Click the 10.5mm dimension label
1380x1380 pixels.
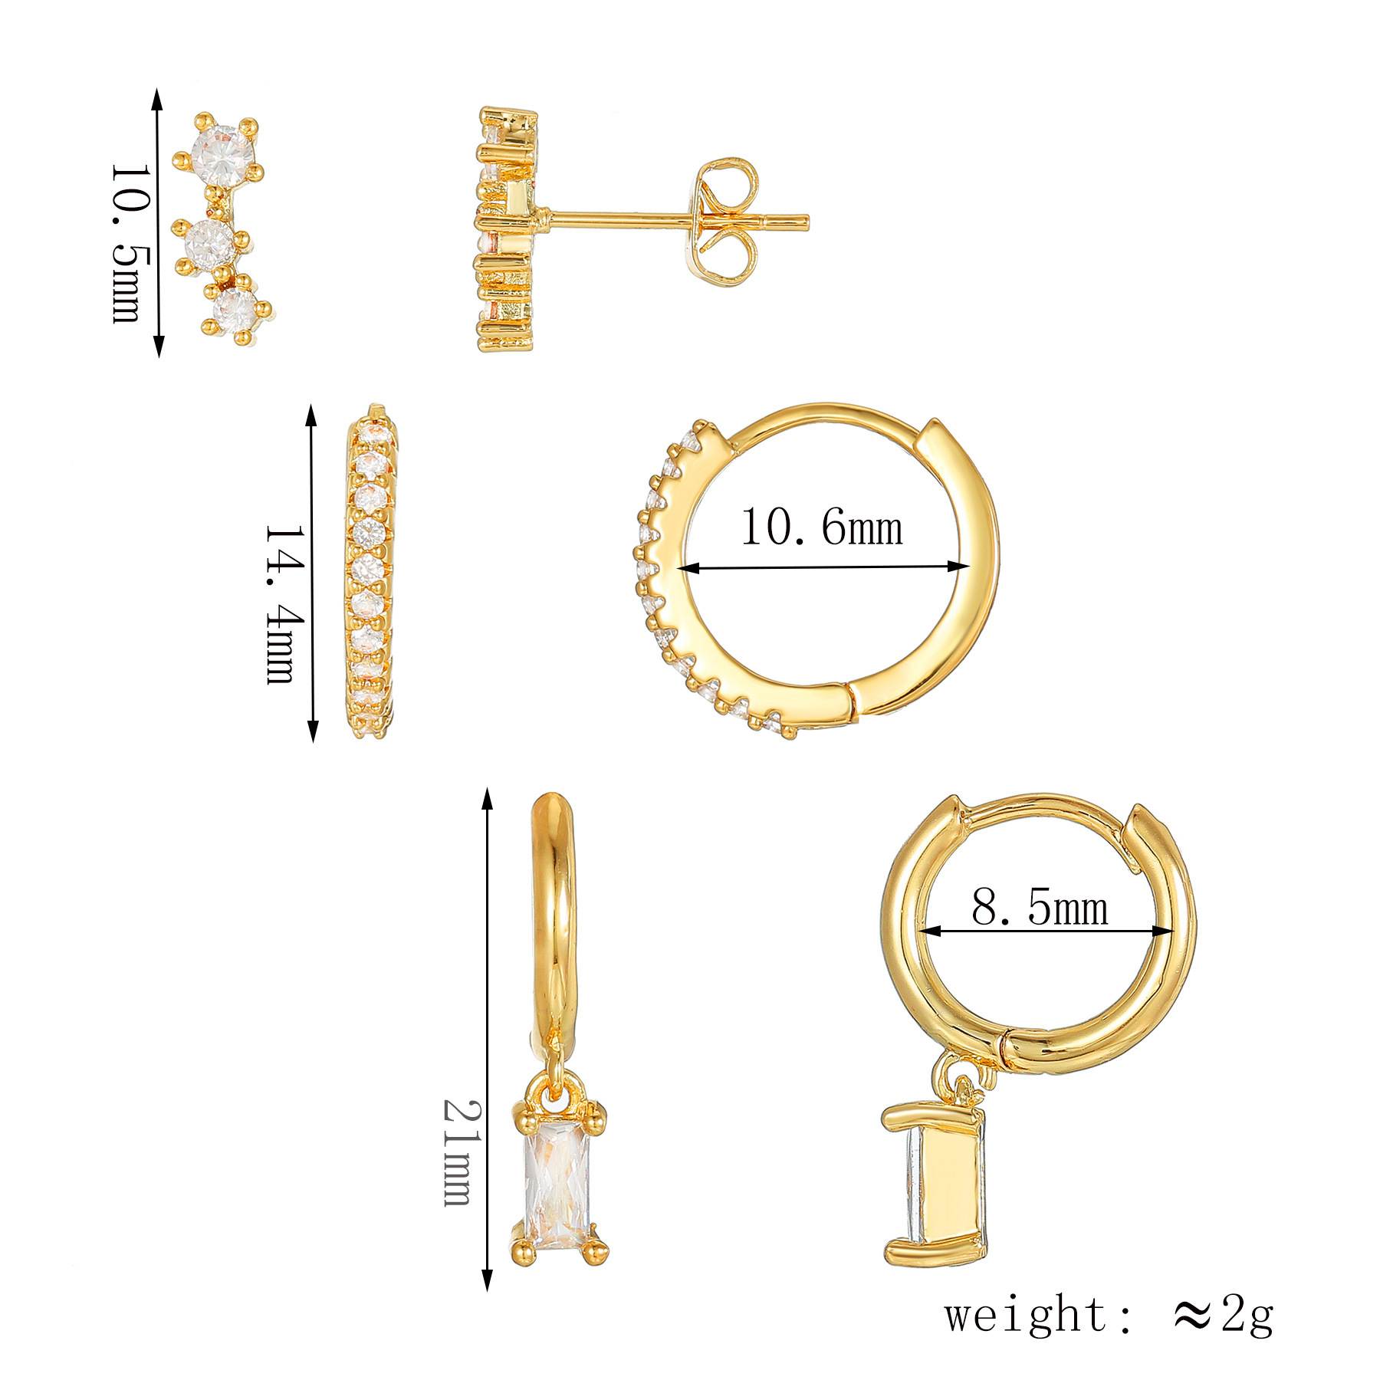(x=126, y=243)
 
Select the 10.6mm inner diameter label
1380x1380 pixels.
(x=821, y=528)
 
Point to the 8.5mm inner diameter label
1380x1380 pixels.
(x=1040, y=908)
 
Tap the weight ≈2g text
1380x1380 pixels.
(x=1108, y=1315)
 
